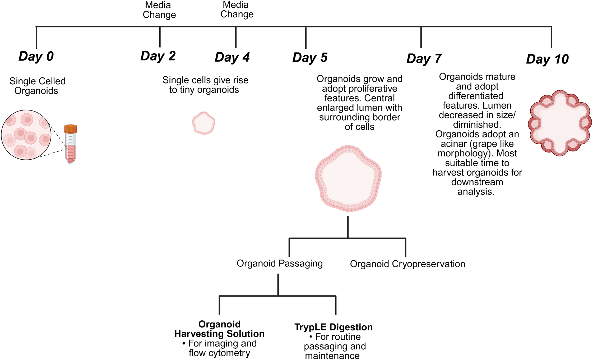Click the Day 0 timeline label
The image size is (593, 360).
pyautogui.click(x=36, y=57)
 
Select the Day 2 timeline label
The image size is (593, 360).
pyautogui.click(x=158, y=56)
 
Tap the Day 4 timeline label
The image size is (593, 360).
pyautogui.click(x=232, y=57)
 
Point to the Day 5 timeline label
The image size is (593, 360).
pyautogui.click(x=310, y=58)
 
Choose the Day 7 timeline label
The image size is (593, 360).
pyautogui.click(x=424, y=59)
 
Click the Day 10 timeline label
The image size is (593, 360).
pyautogui.click(x=547, y=59)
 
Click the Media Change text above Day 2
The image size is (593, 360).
pyautogui.click(x=159, y=10)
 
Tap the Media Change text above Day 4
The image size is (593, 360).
pyautogui.click(x=237, y=10)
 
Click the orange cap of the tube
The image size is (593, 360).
pyautogui.click(x=71, y=129)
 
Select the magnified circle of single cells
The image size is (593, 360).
pyautogui.click(x=26, y=135)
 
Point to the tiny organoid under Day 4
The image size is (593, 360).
pyautogui.click(x=203, y=123)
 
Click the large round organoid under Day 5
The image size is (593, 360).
pyautogui.click(x=348, y=178)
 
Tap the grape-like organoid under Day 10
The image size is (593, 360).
pyautogui.click(x=560, y=123)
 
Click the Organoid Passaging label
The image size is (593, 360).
pyautogui.click(x=280, y=264)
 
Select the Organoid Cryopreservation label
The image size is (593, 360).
pyautogui.click(x=407, y=264)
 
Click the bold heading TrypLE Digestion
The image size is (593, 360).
pyautogui.click(x=333, y=327)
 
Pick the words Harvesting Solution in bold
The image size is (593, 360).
pyautogui.click(x=219, y=334)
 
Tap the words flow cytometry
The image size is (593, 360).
pyautogui.click(x=219, y=353)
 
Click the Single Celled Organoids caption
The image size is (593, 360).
pyautogui.click(x=37, y=86)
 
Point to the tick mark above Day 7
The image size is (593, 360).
pyautogui.click(x=421, y=37)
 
